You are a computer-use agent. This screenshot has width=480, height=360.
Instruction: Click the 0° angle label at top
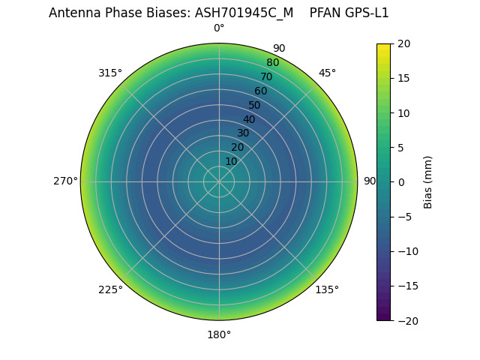pos(219,28)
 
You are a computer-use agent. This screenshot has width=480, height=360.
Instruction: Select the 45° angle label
pos(327,73)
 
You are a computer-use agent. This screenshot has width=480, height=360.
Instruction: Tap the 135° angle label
pos(327,289)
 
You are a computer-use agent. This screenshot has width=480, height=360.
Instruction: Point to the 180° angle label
pos(219,334)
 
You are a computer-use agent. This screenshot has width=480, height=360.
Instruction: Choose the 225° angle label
pos(110,289)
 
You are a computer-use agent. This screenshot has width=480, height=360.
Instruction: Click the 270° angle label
pos(65,181)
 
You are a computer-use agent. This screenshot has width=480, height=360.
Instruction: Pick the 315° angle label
pos(110,73)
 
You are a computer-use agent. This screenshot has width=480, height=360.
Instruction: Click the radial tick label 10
pos(231,161)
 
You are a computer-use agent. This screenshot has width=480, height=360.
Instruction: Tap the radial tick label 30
pos(243,133)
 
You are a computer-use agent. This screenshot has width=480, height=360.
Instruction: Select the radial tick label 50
pos(255,105)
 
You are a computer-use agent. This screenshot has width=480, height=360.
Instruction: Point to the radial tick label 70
pos(266,76)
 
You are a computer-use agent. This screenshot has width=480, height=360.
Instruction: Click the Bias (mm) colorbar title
pos(428,182)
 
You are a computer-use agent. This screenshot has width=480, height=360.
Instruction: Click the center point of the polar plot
pos(219,181)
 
